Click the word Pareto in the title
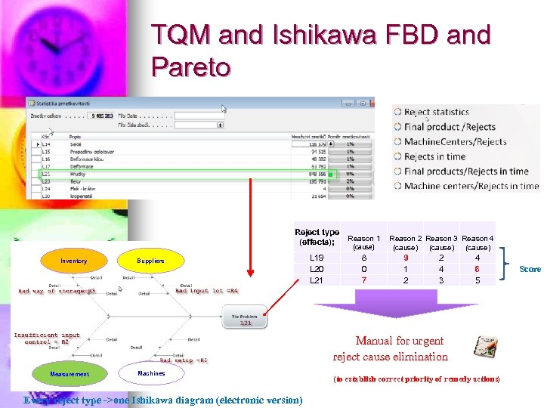[190, 67]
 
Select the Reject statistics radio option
[398, 113]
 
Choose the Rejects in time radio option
[398, 156]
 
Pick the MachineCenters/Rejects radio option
[398, 141]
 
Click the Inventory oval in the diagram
[73, 261]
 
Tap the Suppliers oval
[150, 261]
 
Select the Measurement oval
[70, 374]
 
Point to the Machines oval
[151, 373]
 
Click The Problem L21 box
[246, 319]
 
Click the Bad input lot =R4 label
[206, 290]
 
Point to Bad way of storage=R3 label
[57, 290]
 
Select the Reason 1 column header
[364, 242]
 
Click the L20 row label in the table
[317, 269]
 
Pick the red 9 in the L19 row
[405, 258]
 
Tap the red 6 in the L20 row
[477, 269]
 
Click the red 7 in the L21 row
[364, 280]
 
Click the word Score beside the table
[530, 269]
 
